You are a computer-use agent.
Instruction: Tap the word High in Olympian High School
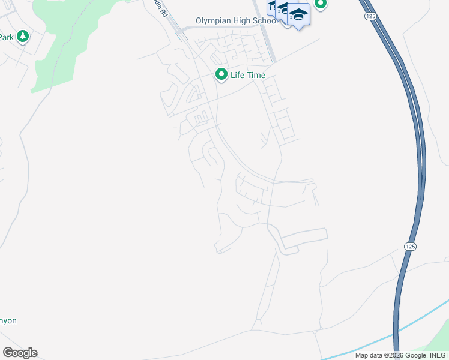coord(247,21)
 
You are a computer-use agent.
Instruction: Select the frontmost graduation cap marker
coord(298,15)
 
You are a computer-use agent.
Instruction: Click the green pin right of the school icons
coord(321,4)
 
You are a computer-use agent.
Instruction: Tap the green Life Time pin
coord(221,74)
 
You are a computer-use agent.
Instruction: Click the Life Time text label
coord(248,75)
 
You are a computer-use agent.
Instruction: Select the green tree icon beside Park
coord(23,37)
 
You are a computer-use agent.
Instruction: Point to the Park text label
coord(6,37)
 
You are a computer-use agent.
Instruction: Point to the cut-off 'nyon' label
coord(8,320)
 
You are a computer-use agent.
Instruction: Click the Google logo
coord(20,352)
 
